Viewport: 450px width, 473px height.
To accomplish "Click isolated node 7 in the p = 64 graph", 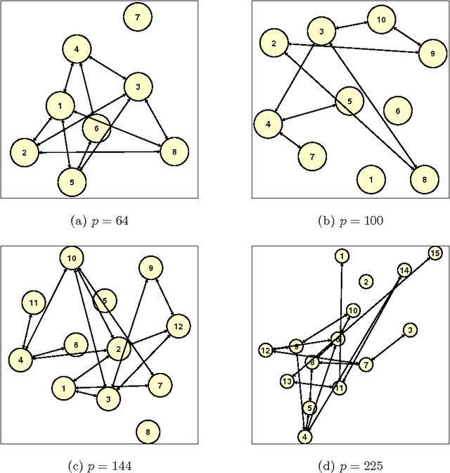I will (137, 16).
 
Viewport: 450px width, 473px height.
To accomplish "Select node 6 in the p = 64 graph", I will (96, 128).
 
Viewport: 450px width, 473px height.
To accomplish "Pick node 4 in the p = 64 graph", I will (76, 49).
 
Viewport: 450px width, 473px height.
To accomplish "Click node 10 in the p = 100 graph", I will (380, 20).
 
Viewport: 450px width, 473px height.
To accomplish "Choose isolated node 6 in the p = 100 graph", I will (397, 111).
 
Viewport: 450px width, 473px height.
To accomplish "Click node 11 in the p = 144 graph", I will (33, 303).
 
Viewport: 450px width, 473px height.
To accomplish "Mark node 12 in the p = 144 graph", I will (178, 326).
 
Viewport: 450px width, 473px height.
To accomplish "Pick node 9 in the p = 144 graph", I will (150, 268).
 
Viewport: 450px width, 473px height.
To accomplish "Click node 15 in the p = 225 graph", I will (435, 253).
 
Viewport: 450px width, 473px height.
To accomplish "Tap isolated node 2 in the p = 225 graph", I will (366, 282).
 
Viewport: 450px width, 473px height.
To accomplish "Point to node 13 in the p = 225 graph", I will (286, 381).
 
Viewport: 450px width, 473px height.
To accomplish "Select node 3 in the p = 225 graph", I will (410, 329).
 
